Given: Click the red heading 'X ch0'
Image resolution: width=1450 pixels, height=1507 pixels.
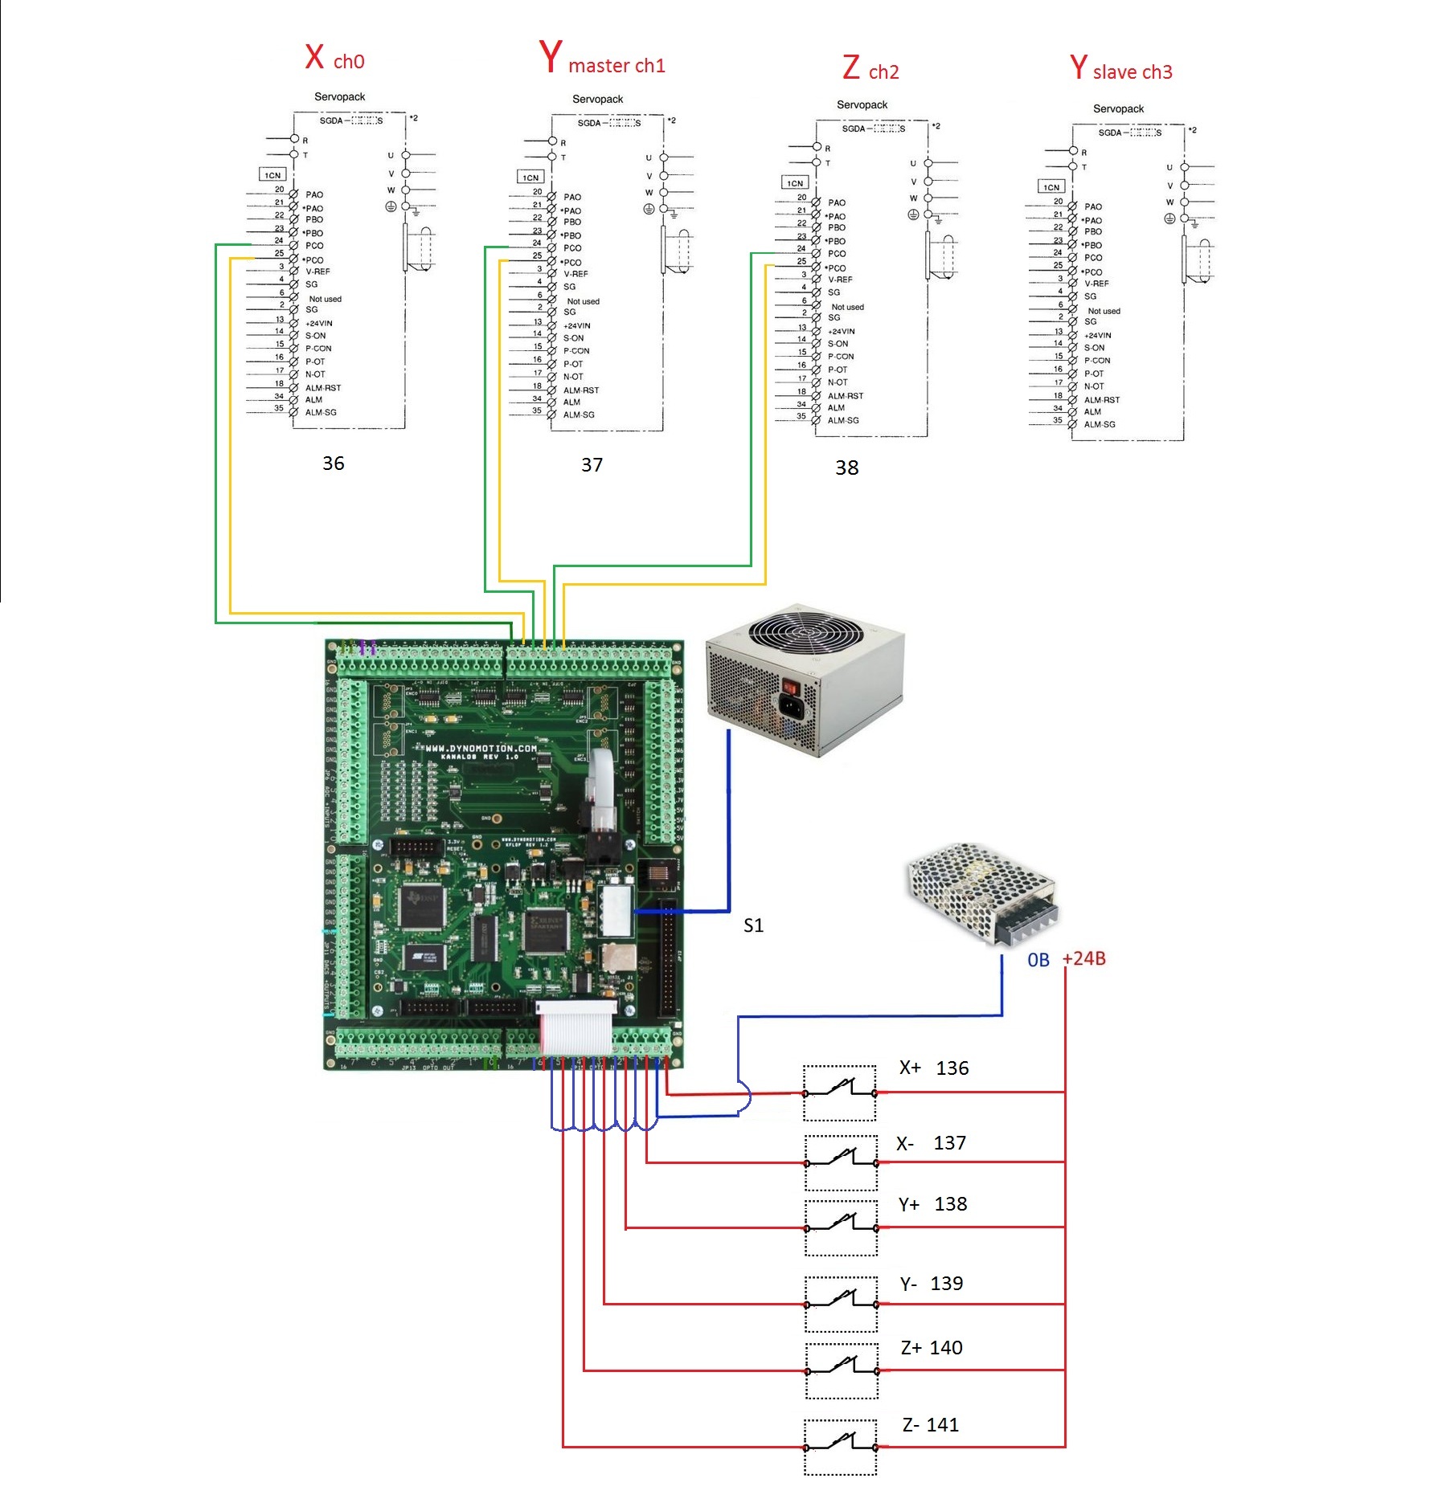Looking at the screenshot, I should click(x=334, y=58).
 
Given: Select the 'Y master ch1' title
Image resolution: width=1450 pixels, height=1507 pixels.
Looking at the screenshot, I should click(x=602, y=59).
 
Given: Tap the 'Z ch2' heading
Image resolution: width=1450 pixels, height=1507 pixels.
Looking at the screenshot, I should click(x=870, y=69).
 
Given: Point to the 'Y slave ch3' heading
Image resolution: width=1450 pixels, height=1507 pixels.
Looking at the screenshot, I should click(x=1120, y=69).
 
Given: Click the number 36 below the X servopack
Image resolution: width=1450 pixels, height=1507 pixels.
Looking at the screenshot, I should click(x=333, y=464).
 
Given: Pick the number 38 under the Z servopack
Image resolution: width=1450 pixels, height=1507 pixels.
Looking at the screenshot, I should click(x=846, y=468).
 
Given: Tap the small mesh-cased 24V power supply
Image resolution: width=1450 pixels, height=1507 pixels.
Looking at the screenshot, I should click(x=981, y=892).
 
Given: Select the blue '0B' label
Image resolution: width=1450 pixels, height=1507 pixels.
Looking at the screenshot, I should click(x=1038, y=960).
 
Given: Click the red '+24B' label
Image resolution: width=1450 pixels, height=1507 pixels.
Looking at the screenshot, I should click(x=1083, y=958).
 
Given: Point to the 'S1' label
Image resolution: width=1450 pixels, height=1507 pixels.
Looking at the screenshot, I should click(x=753, y=925).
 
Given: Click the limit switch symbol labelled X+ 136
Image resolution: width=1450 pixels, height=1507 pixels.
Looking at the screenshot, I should click(x=840, y=1092).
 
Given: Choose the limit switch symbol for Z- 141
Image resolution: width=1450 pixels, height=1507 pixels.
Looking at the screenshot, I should click(x=841, y=1447).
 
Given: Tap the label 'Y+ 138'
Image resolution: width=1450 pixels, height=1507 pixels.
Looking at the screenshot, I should click(x=932, y=1204).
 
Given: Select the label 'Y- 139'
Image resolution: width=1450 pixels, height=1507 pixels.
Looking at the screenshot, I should click(x=931, y=1284).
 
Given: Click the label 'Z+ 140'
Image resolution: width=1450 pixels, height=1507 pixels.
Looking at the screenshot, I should click(x=931, y=1348).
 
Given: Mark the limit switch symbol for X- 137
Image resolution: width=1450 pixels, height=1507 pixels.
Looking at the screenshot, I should click(x=841, y=1162).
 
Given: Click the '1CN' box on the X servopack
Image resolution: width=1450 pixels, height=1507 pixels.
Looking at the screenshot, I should click(x=272, y=174).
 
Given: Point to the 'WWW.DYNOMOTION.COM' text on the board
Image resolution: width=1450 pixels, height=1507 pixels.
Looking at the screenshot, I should click(x=481, y=748).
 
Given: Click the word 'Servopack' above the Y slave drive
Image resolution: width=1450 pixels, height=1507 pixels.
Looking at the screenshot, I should click(x=1118, y=108).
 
